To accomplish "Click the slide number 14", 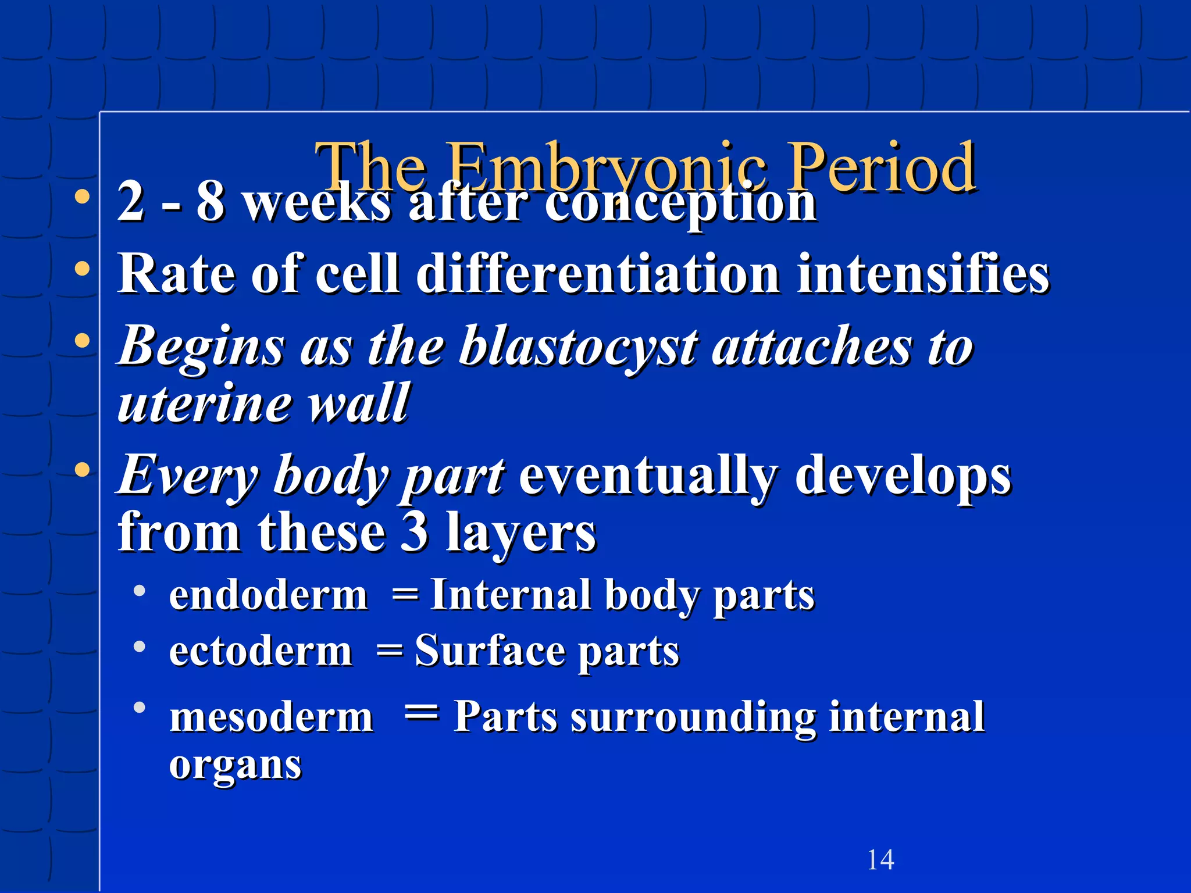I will [x=880, y=859].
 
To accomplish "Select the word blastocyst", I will [x=578, y=347].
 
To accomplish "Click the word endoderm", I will [x=268, y=596].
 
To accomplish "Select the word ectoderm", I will [x=261, y=651].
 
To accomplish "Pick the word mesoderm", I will [x=271, y=717].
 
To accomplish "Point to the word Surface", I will [x=490, y=651].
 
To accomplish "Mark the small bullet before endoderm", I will [x=139, y=591].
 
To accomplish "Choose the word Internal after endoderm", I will [x=510, y=596].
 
